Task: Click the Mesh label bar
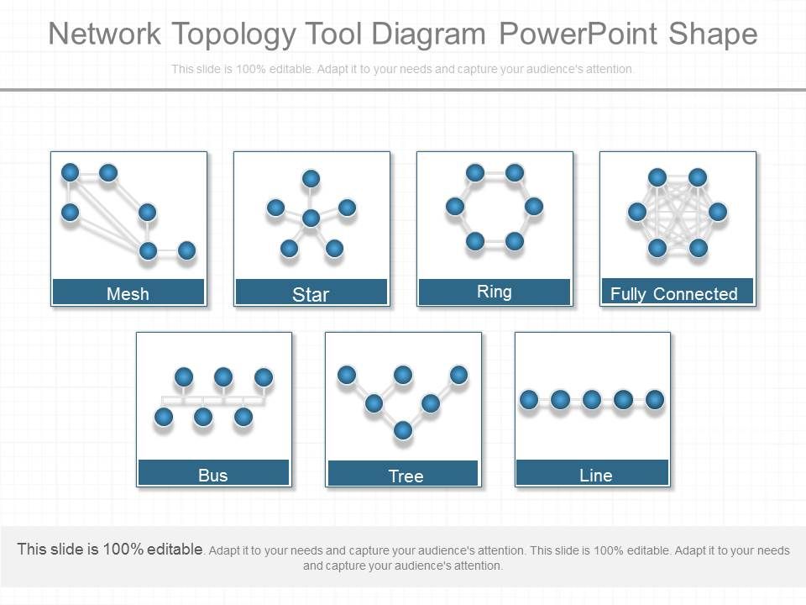tap(128, 292)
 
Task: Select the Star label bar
tap(311, 292)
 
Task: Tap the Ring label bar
tap(495, 292)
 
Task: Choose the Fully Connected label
tap(674, 293)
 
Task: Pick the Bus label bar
tap(213, 474)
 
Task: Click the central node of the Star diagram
tap(311, 218)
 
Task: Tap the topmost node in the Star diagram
tap(311, 178)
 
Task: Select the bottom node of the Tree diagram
tap(403, 430)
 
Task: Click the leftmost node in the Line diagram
tap(529, 399)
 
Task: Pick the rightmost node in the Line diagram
tap(655, 399)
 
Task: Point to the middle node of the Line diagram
tap(592, 399)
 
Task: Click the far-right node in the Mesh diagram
tap(186, 250)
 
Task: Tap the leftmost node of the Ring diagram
tap(455, 206)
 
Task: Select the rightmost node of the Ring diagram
tap(534, 206)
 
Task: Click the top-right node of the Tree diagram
tap(458, 375)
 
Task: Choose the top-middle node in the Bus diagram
tap(222, 376)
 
